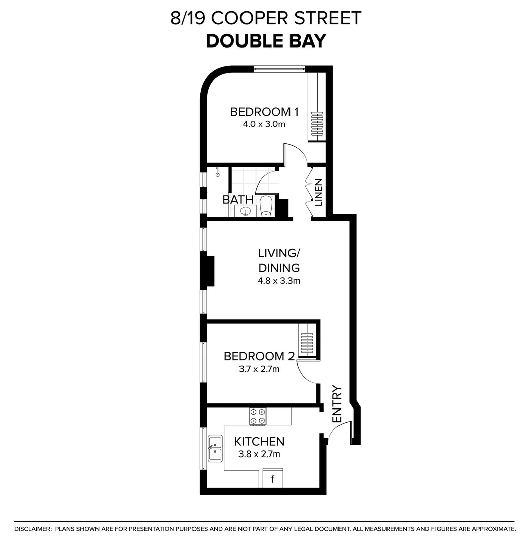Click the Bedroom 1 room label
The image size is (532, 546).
(x=264, y=112)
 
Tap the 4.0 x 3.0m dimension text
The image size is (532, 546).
(x=264, y=124)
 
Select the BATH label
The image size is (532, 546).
(x=237, y=200)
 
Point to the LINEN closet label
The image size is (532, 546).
(x=319, y=193)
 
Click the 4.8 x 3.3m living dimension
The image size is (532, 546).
(x=279, y=281)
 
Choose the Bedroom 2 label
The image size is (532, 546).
(x=259, y=356)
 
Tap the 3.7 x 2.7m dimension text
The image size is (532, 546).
(x=259, y=369)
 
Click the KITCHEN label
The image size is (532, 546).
(x=259, y=442)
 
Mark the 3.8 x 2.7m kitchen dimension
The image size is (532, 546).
(x=259, y=454)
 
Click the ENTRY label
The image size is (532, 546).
(x=337, y=404)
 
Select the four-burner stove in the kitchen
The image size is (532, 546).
(x=258, y=416)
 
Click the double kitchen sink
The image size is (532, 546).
(x=215, y=448)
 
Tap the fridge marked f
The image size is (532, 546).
(x=273, y=478)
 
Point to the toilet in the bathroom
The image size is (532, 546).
(x=266, y=207)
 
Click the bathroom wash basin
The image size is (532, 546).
(x=246, y=211)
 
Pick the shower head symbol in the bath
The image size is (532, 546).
(x=218, y=174)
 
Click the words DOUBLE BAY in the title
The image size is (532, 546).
(x=266, y=41)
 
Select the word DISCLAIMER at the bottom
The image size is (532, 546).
(x=33, y=529)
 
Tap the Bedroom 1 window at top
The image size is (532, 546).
(x=279, y=68)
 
